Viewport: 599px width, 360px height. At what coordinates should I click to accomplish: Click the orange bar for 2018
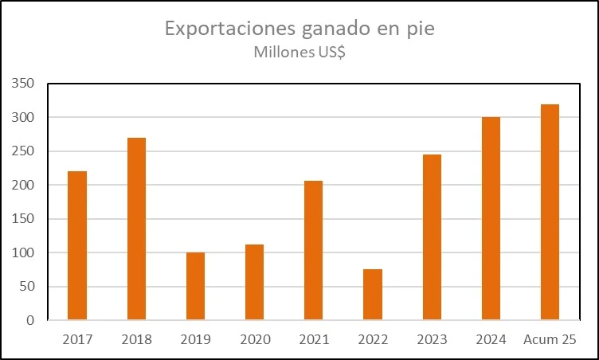click(x=136, y=229)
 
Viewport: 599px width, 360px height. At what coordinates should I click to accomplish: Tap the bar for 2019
click(x=195, y=286)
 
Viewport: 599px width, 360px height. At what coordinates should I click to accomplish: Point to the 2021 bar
click(x=313, y=250)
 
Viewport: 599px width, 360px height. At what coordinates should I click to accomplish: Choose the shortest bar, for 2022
click(x=373, y=295)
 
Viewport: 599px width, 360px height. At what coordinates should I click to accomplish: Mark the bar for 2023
click(x=432, y=237)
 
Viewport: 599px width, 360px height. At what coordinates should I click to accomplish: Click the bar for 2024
click(x=491, y=218)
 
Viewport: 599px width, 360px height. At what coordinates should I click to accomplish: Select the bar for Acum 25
click(x=550, y=212)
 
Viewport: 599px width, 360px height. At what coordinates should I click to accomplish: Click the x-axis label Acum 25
click(x=550, y=340)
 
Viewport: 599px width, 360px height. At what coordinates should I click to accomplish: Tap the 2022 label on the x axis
click(x=373, y=340)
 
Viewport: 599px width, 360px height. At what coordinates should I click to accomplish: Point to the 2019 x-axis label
click(x=195, y=340)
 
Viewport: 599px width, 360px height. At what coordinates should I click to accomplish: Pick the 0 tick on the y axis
click(x=30, y=320)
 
